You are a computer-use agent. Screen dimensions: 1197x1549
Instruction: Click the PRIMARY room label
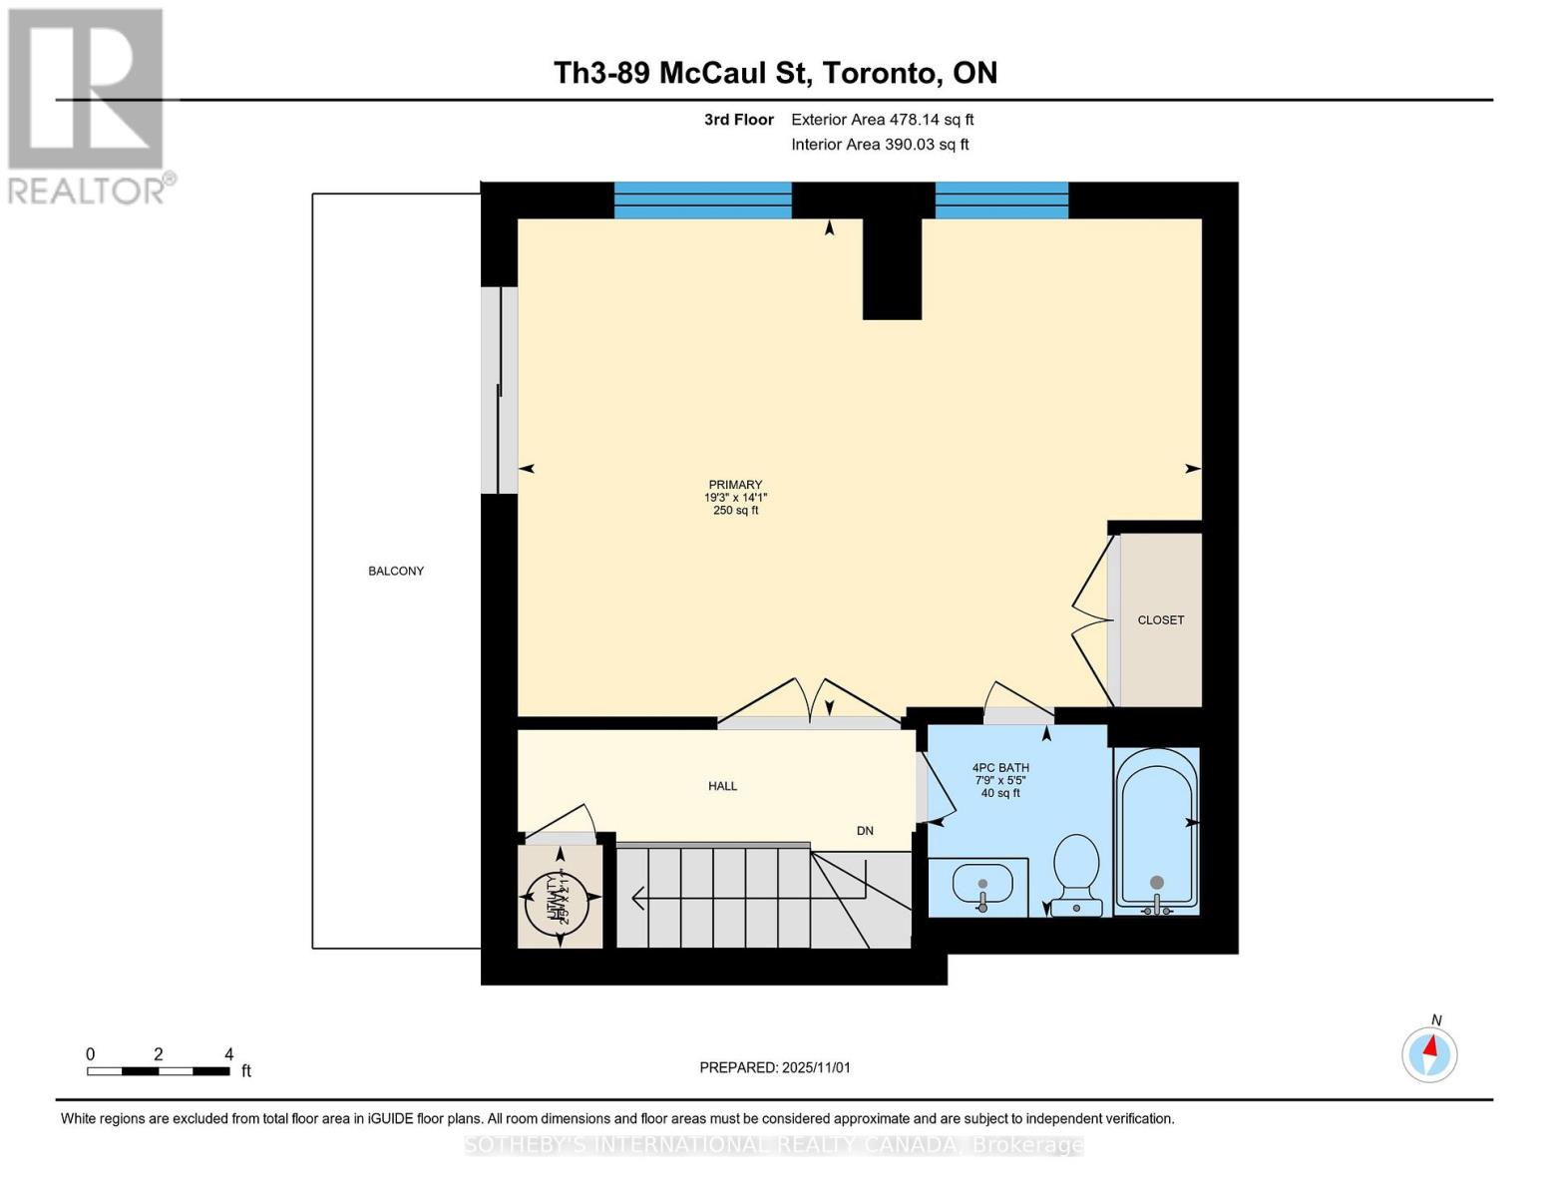coord(735,485)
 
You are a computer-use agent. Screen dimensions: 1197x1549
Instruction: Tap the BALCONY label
coord(396,572)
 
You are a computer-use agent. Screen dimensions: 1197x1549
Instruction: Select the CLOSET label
coord(1161,620)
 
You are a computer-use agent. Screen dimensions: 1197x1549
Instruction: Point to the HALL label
coord(723,786)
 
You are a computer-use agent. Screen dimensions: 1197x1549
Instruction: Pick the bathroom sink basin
coord(982,884)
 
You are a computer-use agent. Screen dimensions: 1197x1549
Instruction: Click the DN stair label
coord(865,831)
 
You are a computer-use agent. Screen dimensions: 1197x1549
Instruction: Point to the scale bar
coord(159,1071)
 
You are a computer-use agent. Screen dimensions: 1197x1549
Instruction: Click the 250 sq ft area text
coord(735,511)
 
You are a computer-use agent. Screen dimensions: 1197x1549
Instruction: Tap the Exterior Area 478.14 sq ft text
coord(882,120)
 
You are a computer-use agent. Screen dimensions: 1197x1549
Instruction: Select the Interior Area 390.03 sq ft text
coord(880,145)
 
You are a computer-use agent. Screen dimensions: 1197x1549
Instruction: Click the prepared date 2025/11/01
coord(775,1067)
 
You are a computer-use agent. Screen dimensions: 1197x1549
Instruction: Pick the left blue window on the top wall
coord(702,200)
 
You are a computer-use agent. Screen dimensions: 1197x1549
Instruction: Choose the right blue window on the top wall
coord(1001,200)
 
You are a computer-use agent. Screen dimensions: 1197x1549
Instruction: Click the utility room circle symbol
coord(559,898)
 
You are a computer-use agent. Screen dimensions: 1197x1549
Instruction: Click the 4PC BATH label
coord(1000,768)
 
